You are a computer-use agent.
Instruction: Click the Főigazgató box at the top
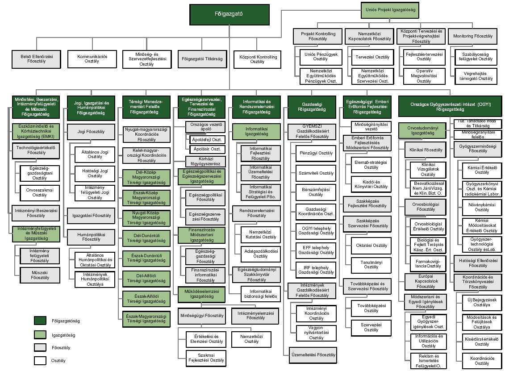tap(229, 14)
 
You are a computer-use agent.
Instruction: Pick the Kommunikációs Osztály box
tap(92, 58)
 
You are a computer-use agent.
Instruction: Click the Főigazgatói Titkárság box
tap(202, 58)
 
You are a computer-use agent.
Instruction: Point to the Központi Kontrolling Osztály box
tap(258, 58)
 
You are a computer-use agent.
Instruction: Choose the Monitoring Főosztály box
tap(472, 36)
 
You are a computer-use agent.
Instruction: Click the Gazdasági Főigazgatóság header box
tap(312, 107)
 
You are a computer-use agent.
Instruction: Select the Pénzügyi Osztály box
tap(316, 153)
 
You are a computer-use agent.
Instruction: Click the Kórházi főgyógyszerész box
tap(205, 161)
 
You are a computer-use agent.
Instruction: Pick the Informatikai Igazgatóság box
tap(256, 131)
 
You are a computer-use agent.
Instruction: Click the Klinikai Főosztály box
tap(426, 150)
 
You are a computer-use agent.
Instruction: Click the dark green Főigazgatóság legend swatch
tap(40, 320)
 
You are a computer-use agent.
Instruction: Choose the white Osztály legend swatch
tap(40, 360)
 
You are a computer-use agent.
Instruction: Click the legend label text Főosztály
tap(62, 347)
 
